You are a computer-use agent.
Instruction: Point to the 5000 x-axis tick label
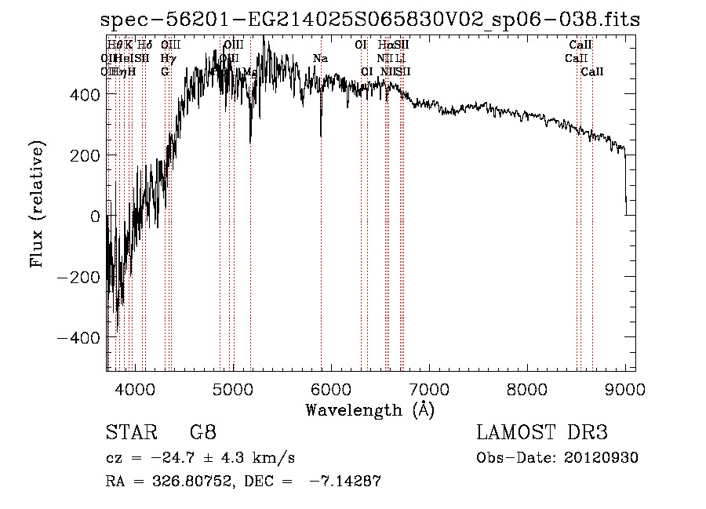233,388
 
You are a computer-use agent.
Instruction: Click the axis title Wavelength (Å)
369,409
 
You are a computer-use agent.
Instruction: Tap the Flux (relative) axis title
37,204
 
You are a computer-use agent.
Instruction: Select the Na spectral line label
320,59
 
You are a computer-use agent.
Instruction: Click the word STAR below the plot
126,434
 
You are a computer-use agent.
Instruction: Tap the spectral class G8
203,434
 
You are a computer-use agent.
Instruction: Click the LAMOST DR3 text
541,434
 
